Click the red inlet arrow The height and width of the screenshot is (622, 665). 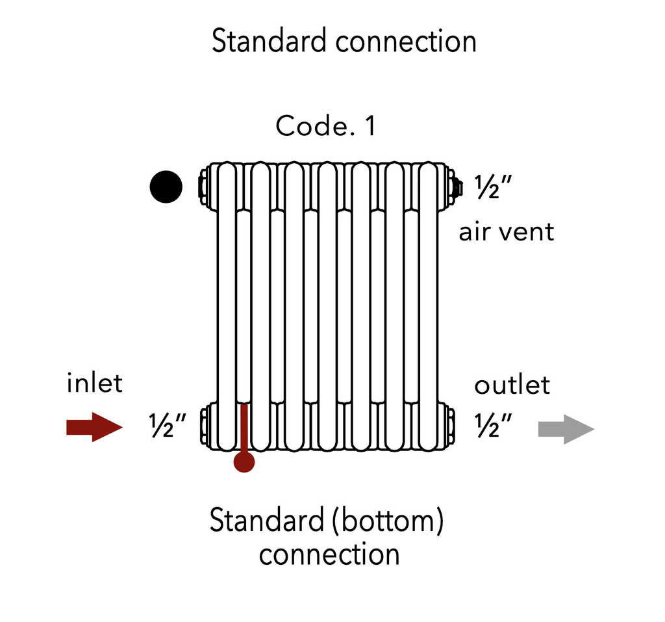(x=94, y=427)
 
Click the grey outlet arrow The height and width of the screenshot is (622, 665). (x=566, y=429)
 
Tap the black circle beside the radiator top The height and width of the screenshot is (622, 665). (x=166, y=187)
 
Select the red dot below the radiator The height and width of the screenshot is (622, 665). (x=244, y=462)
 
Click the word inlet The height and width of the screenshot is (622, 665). (x=94, y=383)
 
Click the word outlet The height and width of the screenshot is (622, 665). (x=512, y=385)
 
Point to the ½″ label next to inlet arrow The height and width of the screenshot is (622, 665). (x=168, y=426)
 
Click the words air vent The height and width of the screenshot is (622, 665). (x=507, y=231)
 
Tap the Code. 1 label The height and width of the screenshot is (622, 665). (x=325, y=125)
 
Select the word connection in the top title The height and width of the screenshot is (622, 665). (x=407, y=42)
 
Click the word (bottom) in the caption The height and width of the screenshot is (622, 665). (x=388, y=521)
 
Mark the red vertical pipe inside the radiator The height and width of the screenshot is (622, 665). (x=244, y=429)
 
